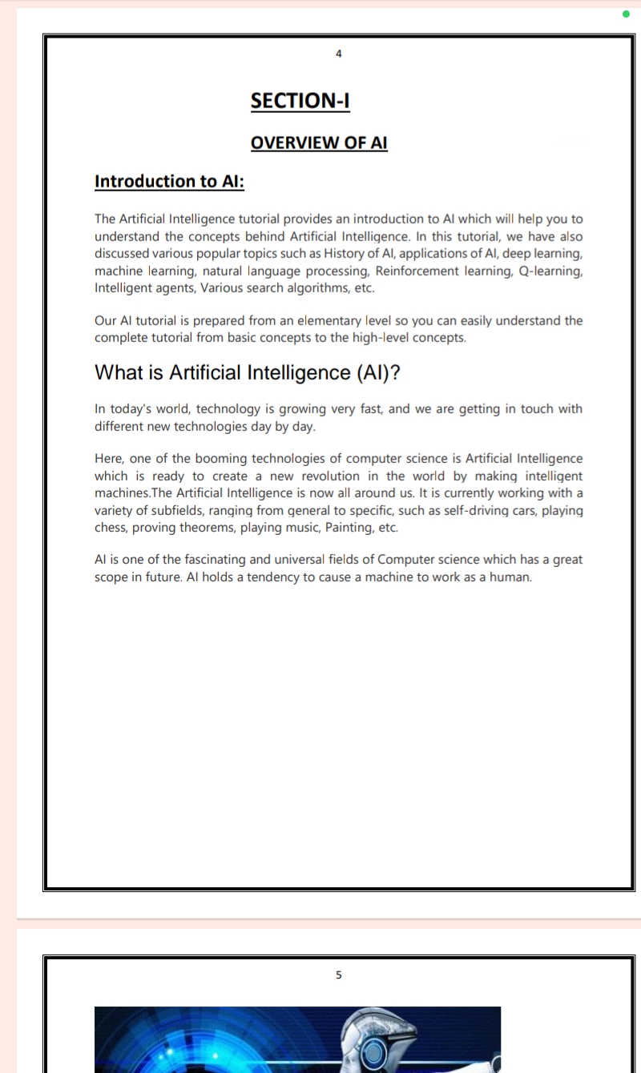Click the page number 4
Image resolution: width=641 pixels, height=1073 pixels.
(x=338, y=54)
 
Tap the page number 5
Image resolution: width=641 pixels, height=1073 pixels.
(x=338, y=975)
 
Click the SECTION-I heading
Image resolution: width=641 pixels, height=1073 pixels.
(x=300, y=101)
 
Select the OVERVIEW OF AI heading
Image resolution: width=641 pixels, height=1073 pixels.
(x=319, y=143)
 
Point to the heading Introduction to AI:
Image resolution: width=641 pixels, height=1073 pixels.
(x=169, y=181)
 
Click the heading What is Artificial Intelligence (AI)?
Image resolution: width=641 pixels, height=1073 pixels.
(x=247, y=372)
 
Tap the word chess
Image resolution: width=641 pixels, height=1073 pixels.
(x=111, y=528)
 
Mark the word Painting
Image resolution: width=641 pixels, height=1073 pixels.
(x=349, y=528)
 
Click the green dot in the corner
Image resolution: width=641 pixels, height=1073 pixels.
(x=626, y=14)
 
